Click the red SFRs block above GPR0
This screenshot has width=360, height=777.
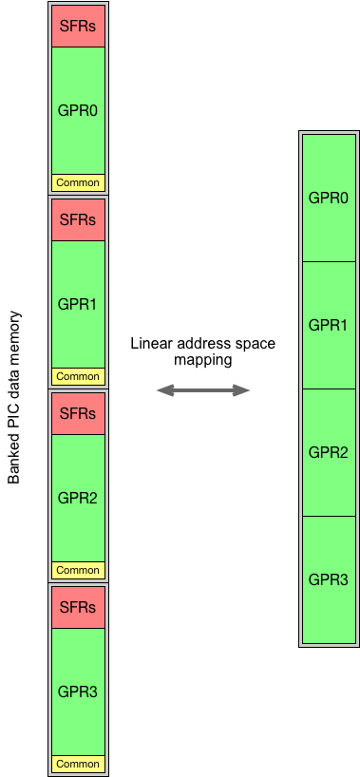tap(78, 26)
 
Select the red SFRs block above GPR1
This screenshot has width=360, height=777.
tap(78, 219)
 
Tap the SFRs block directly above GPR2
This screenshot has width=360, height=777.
tap(78, 413)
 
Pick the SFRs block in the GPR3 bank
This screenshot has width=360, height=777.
tap(78, 607)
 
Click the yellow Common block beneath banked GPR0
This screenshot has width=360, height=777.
tap(78, 182)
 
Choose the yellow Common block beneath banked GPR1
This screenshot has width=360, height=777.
tap(78, 376)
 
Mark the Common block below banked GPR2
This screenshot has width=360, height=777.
tap(78, 570)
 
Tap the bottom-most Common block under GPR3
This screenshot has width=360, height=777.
tap(78, 764)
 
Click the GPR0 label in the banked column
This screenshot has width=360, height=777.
tap(78, 109)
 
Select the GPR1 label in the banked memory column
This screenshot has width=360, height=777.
tap(78, 304)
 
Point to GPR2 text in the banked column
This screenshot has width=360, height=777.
tap(78, 497)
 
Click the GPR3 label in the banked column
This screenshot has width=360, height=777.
tap(78, 692)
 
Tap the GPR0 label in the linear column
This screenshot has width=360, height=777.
tap(329, 198)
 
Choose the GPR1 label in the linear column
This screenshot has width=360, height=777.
tap(329, 325)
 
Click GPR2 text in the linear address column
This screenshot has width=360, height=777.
tap(329, 452)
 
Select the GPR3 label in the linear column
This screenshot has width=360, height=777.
tap(329, 578)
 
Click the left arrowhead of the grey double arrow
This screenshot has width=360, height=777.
tap(163, 389)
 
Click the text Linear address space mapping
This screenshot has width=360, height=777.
tap(202, 351)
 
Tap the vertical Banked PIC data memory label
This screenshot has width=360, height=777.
tap(14, 397)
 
